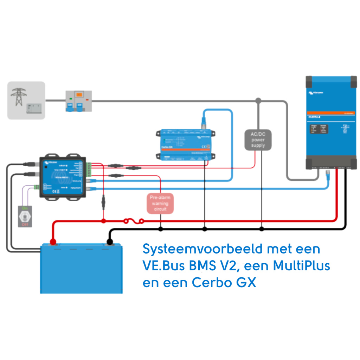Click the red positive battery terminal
[53, 242]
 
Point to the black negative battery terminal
[109, 242]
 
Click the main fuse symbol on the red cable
[134, 221]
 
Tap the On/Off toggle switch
[25, 215]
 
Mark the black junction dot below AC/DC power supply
[261, 229]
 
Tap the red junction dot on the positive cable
[103, 221]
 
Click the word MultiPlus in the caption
[301, 266]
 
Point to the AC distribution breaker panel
[79, 101]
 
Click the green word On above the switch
[25, 208]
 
